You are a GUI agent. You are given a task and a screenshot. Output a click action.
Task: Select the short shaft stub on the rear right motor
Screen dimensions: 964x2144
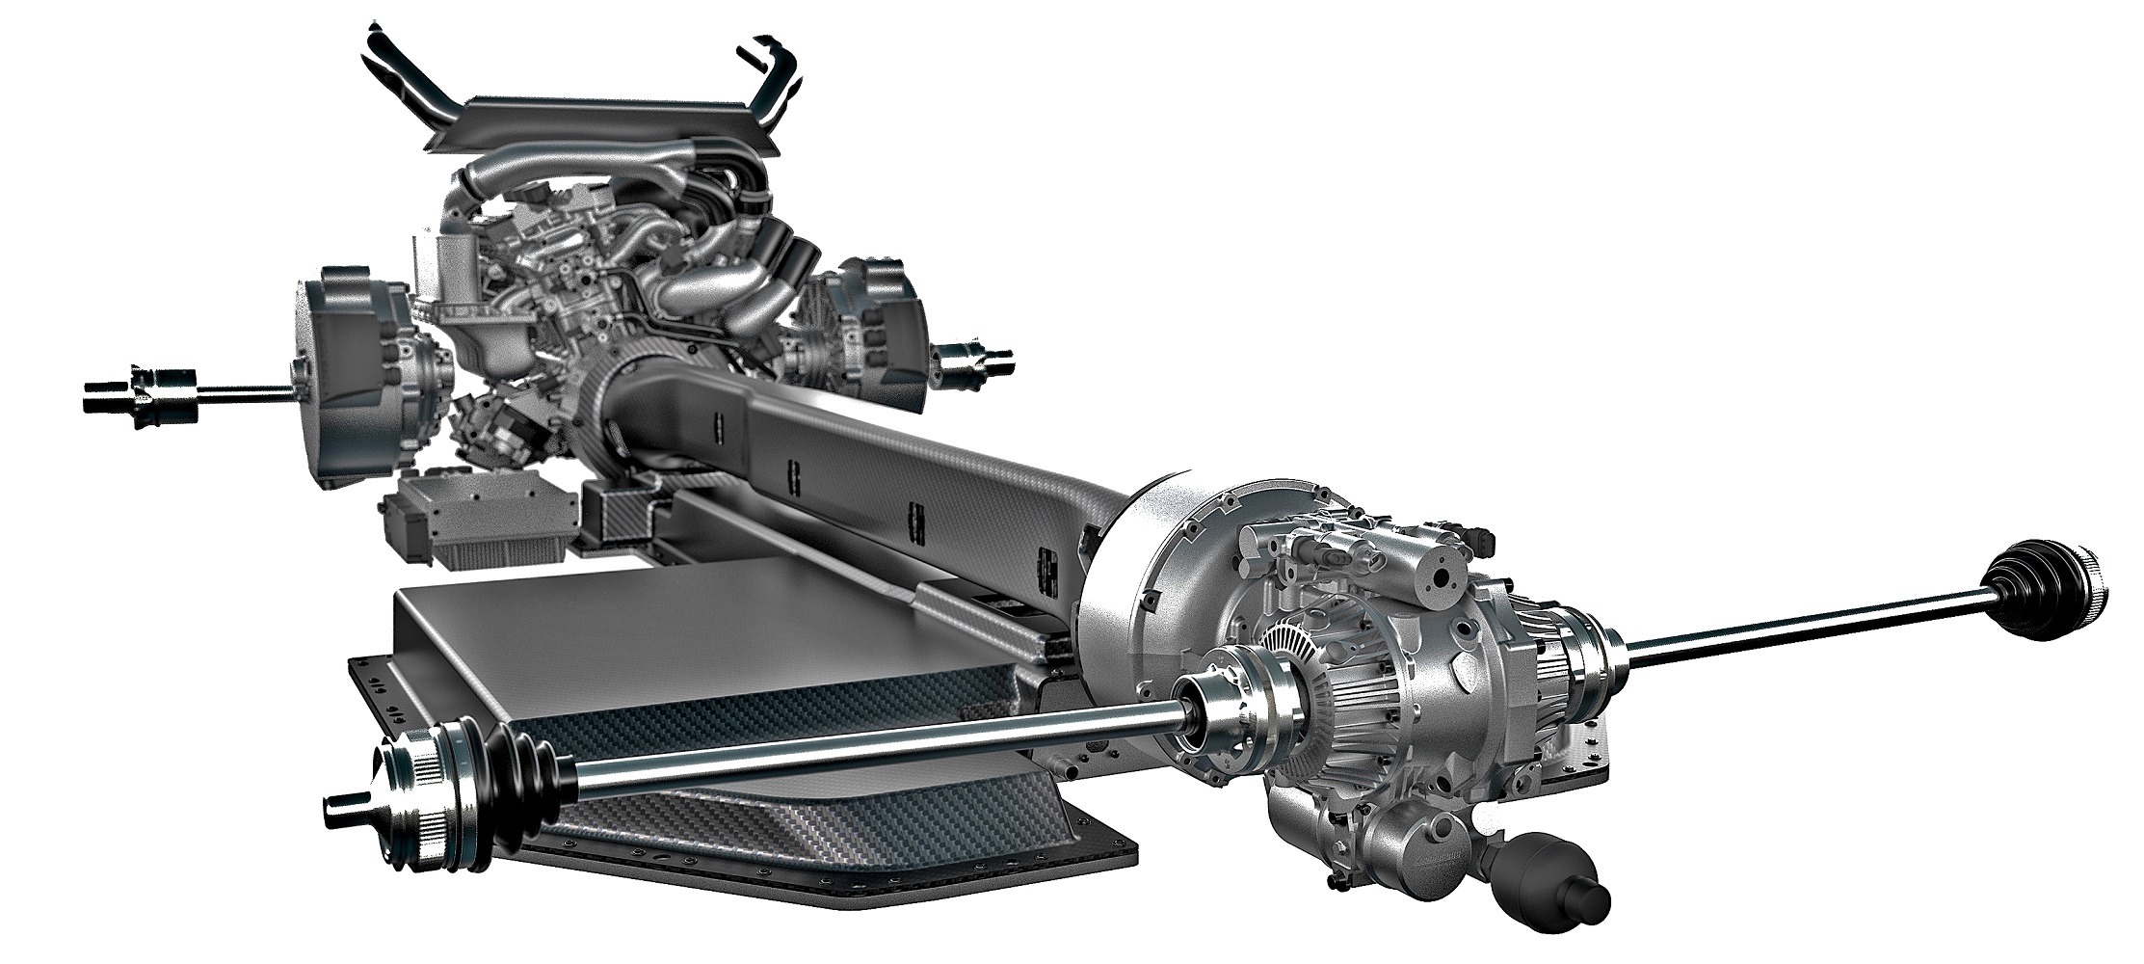[973, 361]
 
